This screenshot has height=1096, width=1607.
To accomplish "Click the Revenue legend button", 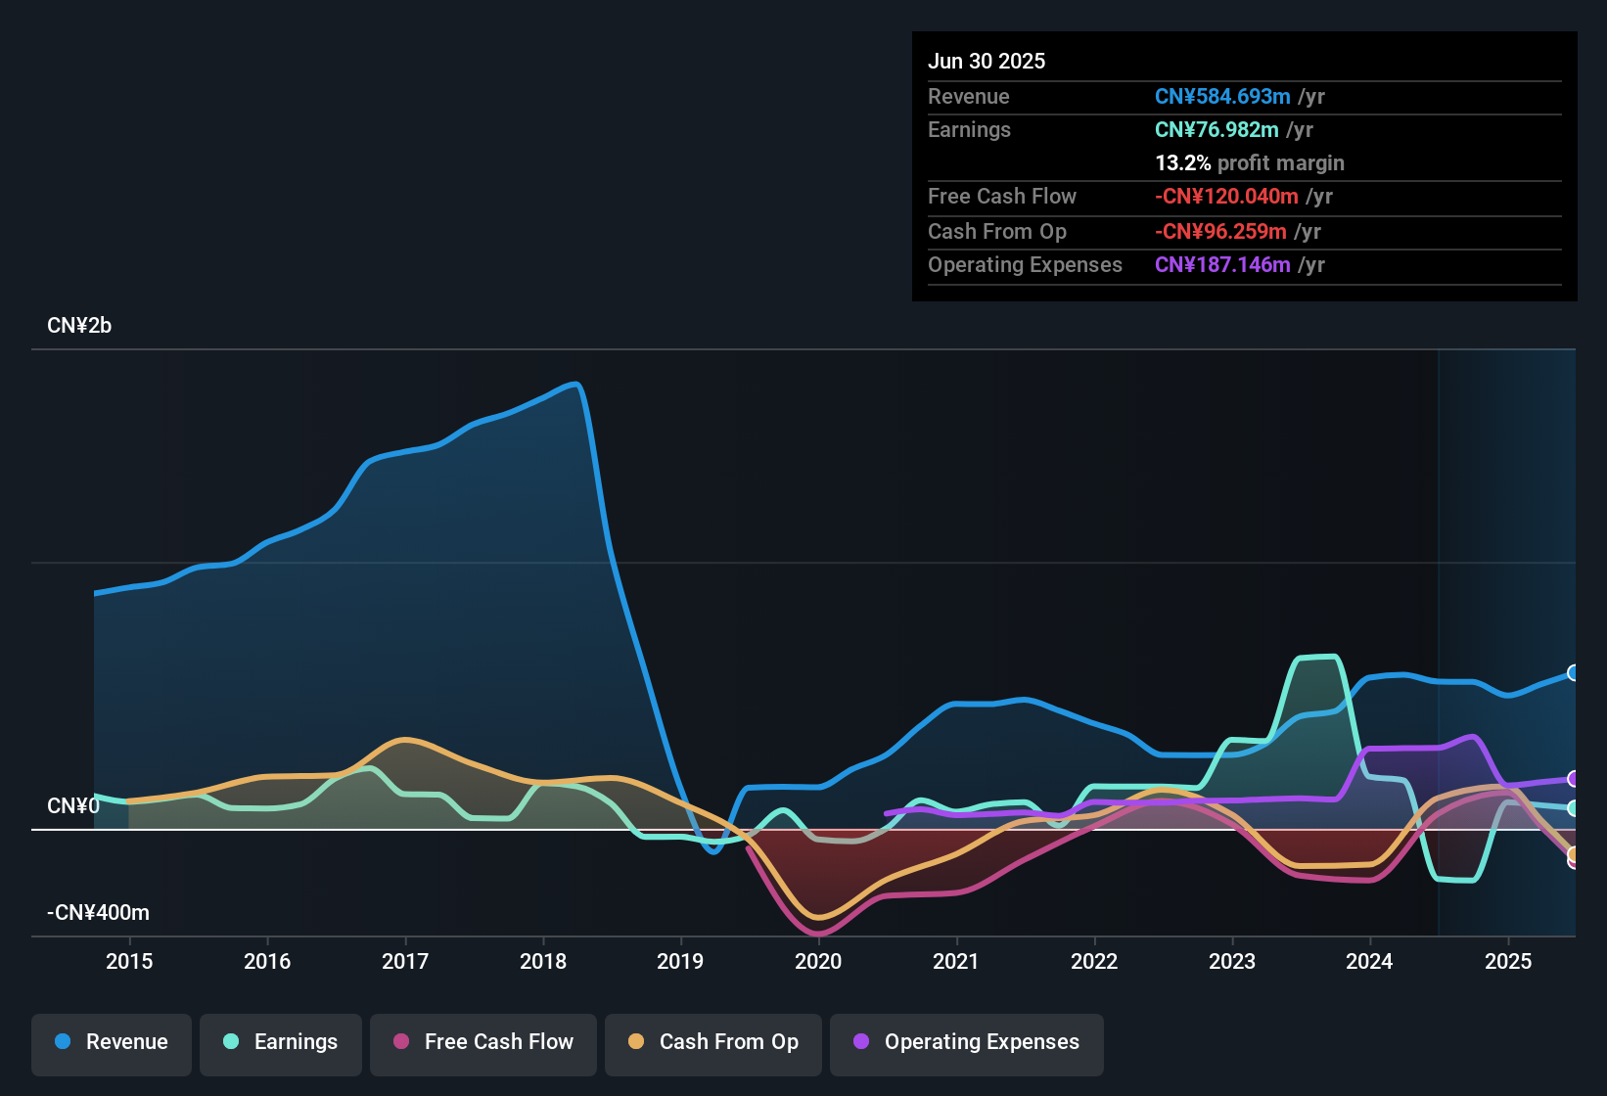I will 112,1042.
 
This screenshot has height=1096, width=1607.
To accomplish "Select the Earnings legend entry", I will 281,1042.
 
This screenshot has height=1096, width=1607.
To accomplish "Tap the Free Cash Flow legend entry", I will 483,1042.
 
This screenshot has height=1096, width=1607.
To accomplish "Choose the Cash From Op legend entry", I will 713,1042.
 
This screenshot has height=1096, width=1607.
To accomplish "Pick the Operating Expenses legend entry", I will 967,1042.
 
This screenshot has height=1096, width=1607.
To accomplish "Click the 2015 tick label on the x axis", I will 129,961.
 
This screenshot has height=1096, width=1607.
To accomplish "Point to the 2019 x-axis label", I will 680,961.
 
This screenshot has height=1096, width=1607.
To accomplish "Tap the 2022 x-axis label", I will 1094,961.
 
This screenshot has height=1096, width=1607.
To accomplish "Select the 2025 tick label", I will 1508,961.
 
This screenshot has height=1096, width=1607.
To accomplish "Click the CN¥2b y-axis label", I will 79,326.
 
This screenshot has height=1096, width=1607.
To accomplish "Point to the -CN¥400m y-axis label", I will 98,913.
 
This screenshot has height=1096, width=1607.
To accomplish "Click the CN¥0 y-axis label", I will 73,806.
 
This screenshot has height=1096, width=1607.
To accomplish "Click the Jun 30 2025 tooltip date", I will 987,61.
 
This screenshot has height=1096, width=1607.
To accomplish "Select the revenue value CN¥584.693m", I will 1222,96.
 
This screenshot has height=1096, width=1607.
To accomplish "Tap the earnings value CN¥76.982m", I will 1217,130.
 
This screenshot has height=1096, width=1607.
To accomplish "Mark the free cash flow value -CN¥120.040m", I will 1226,197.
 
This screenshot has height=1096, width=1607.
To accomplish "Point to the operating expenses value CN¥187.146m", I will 1222,265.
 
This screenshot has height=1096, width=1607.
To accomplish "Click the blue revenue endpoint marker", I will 1574,672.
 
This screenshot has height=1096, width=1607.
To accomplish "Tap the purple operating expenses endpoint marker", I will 1574,779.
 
